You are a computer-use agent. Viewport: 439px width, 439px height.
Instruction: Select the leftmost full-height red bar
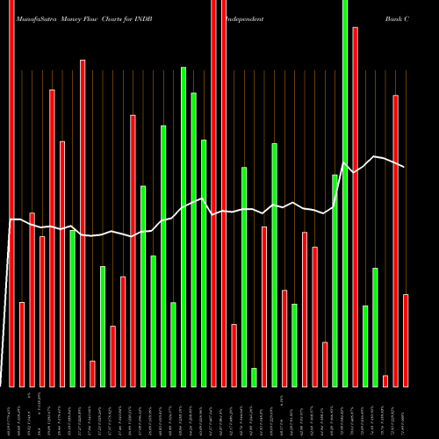click(12, 193)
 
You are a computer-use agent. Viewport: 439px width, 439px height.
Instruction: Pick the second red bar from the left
click(22, 344)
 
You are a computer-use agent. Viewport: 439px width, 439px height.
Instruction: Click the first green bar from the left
click(72, 308)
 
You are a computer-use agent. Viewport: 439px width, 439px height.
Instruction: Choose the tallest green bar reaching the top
click(345, 193)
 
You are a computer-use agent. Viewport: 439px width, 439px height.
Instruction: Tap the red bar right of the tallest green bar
click(355, 206)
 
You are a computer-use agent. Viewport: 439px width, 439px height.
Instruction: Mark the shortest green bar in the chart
click(254, 377)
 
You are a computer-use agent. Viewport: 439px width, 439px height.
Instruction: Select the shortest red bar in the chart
click(385, 380)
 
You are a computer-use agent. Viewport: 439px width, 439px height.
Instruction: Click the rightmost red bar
click(406, 340)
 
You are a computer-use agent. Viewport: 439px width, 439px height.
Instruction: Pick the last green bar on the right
click(375, 327)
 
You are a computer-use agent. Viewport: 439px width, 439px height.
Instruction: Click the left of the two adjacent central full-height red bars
click(213, 193)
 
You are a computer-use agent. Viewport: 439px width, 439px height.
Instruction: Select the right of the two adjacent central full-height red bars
click(224, 193)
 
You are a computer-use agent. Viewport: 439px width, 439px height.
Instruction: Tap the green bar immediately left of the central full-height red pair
click(204, 263)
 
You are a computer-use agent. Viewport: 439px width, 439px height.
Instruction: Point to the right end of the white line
click(405, 167)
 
